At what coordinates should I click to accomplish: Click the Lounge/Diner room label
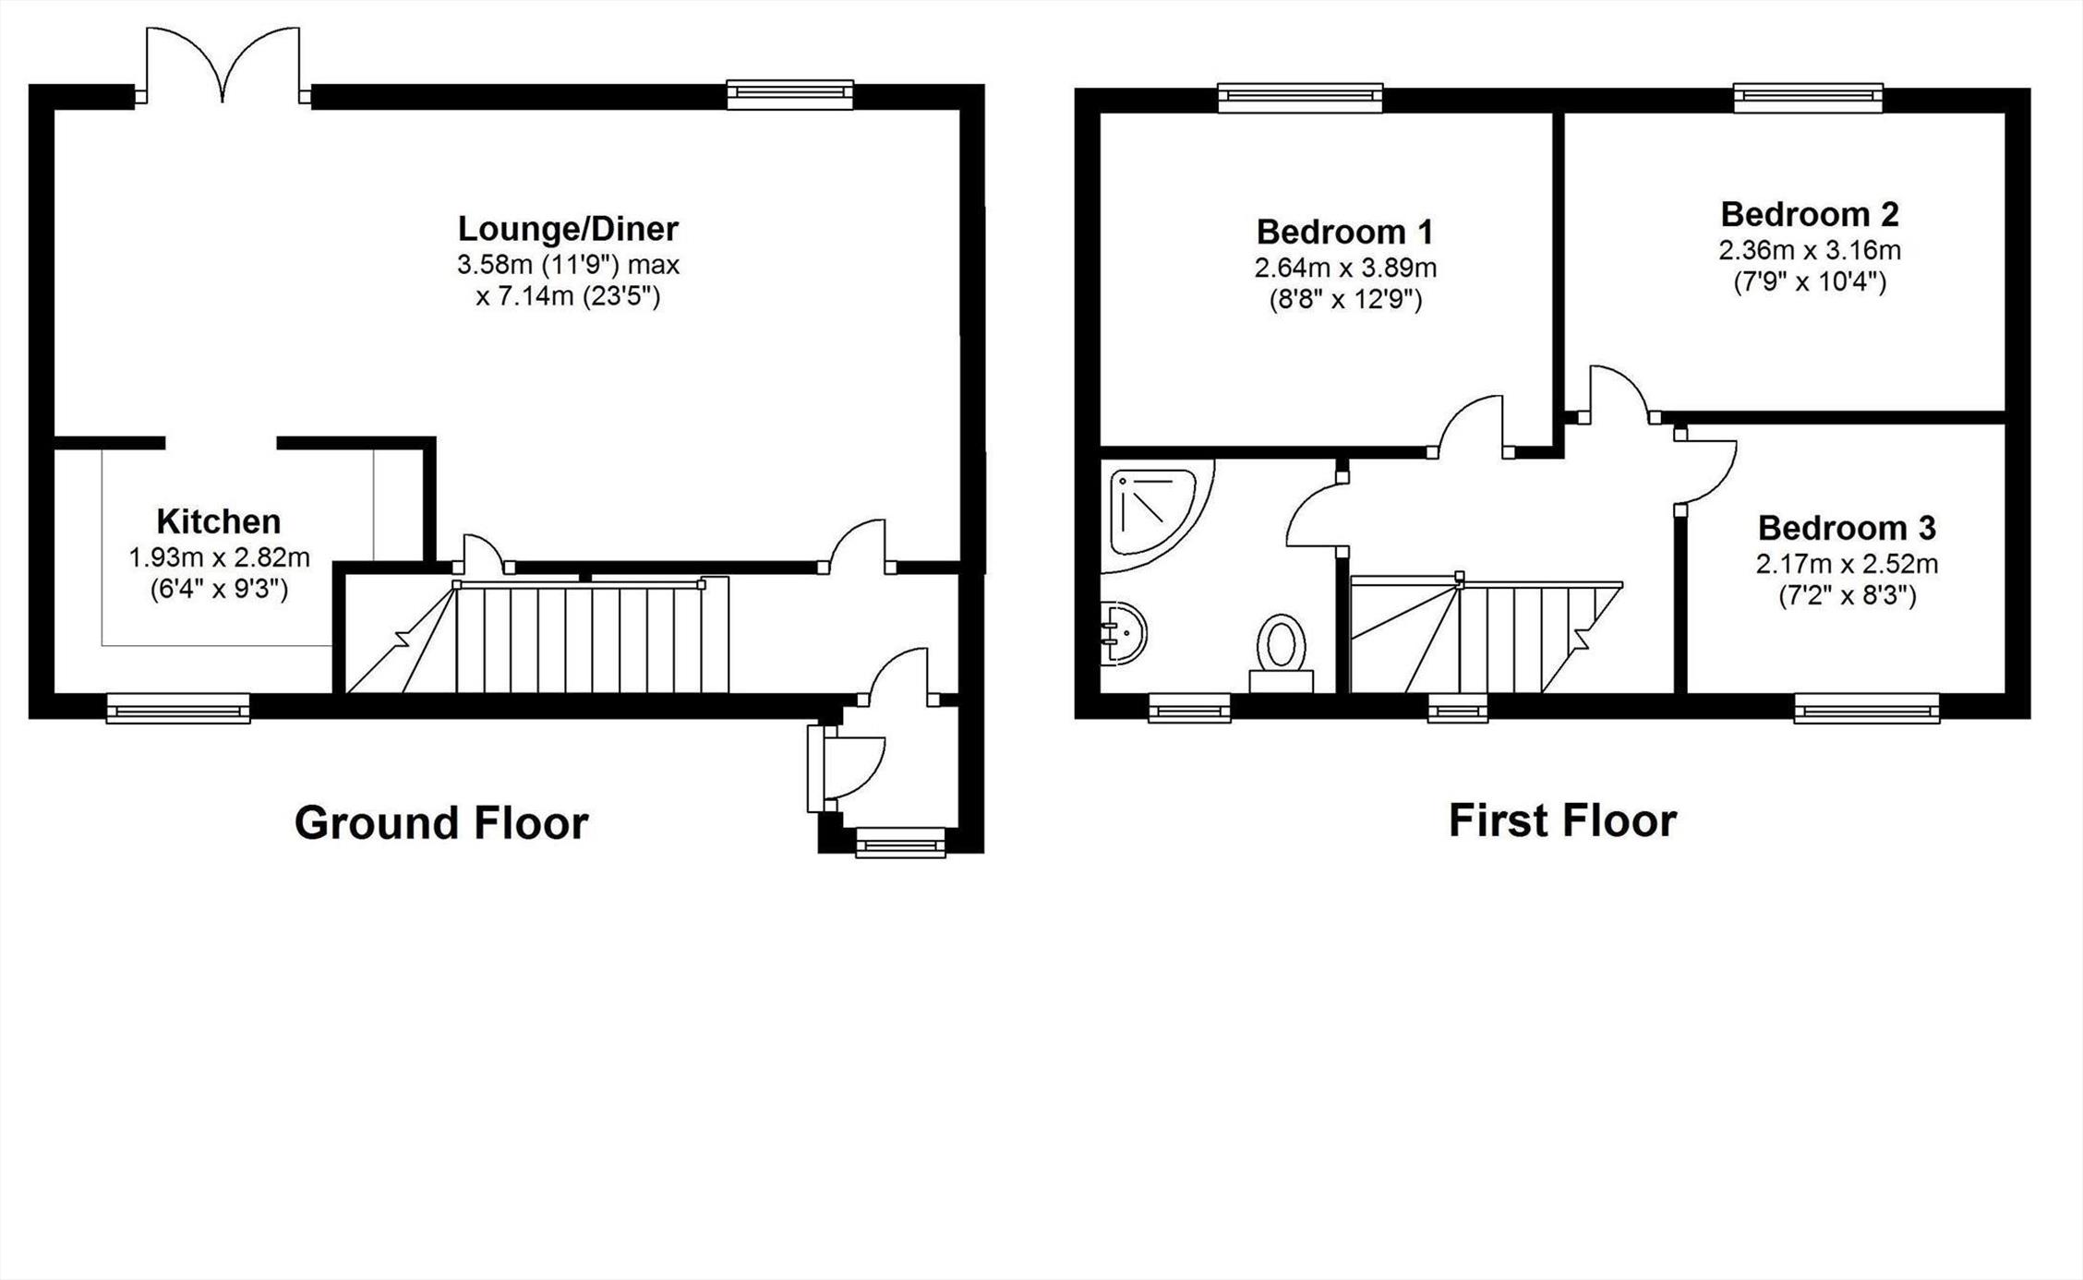568,229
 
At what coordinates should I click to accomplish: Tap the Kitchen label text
219,522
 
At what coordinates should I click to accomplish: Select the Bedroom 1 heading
1345,232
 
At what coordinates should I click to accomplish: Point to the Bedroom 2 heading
1810,214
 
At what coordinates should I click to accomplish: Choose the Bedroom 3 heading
1847,528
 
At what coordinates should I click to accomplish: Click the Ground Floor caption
441,823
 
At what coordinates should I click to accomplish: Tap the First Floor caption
1562,820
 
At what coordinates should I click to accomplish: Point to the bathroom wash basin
1123,633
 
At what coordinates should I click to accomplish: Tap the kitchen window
178,709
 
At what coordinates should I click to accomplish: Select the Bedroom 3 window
1867,709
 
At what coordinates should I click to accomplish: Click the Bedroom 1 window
1300,98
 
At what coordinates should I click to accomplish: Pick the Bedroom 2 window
1808,98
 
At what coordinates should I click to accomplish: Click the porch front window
901,843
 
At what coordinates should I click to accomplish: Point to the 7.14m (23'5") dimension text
569,297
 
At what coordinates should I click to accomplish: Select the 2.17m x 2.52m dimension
1847,564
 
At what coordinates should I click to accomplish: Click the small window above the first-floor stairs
1458,709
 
